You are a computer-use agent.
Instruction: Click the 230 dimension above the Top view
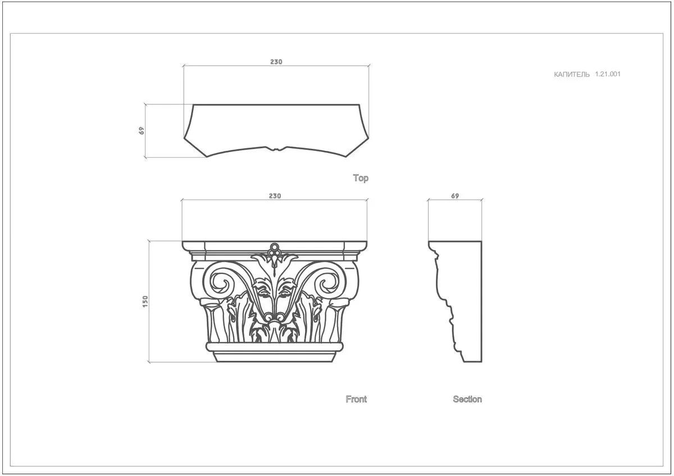tap(276, 62)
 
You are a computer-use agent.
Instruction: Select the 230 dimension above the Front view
tap(275, 196)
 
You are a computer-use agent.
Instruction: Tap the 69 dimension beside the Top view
tap(142, 130)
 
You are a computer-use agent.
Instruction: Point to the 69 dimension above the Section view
tap(455, 196)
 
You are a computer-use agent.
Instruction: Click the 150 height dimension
tap(145, 301)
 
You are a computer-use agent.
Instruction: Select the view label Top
tap(361, 178)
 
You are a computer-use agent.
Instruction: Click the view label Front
tap(356, 399)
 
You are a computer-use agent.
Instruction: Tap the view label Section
tap(467, 399)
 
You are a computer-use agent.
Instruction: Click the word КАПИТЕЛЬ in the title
tap(572, 75)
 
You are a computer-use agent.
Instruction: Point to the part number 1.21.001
tap(608, 74)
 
